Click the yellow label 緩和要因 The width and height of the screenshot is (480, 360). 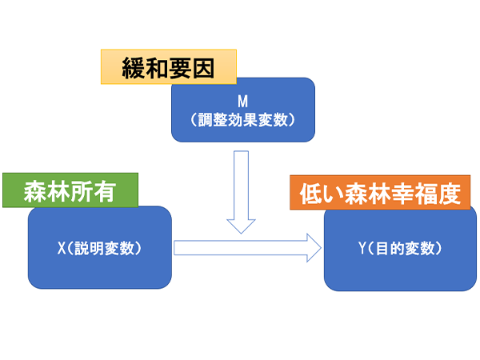click(169, 66)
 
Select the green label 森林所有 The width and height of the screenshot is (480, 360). click(70, 190)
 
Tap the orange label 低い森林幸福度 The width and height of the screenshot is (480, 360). click(380, 193)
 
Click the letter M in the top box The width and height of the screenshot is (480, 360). click(242, 102)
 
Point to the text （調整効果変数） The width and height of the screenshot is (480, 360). click(242, 120)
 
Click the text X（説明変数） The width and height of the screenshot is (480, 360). click(99, 248)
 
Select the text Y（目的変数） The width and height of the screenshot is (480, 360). click(400, 248)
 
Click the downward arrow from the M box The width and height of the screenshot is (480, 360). click(241, 192)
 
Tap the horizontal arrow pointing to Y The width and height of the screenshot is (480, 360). click(247, 248)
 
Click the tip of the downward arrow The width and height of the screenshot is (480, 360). click(241, 234)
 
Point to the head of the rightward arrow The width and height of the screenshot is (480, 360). click(321, 248)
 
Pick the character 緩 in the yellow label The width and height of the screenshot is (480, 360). click(133, 68)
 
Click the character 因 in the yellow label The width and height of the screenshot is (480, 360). click(203, 68)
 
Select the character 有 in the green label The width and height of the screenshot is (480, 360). click(105, 192)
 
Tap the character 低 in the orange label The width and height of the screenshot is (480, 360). click(310, 194)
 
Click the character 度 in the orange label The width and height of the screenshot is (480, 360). click(450, 194)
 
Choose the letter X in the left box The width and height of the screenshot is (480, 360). click(62, 248)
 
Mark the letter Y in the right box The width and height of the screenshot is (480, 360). click(362, 248)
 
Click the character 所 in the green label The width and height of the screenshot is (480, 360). click(82, 192)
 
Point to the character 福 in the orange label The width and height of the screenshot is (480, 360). click(426, 194)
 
